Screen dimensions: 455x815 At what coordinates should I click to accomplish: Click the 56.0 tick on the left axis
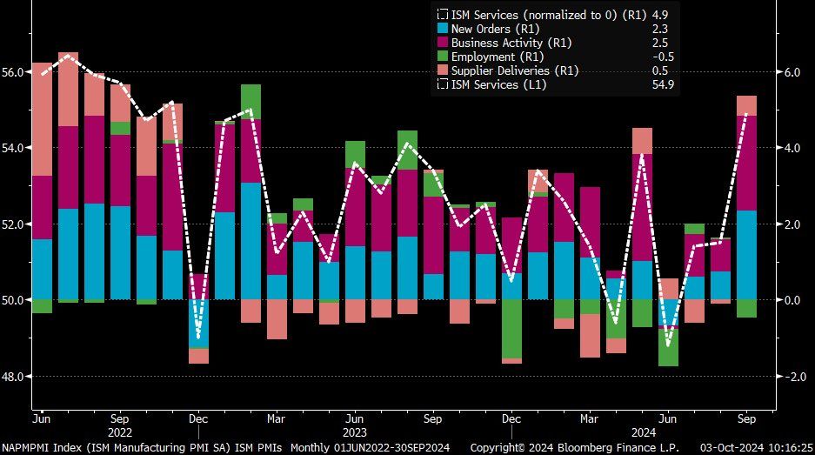[x=15, y=72]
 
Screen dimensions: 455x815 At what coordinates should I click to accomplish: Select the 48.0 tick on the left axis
[x=15, y=377]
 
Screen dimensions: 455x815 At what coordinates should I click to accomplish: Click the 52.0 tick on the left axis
[x=15, y=224]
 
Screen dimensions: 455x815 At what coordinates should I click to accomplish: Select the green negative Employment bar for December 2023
[x=512, y=329]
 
